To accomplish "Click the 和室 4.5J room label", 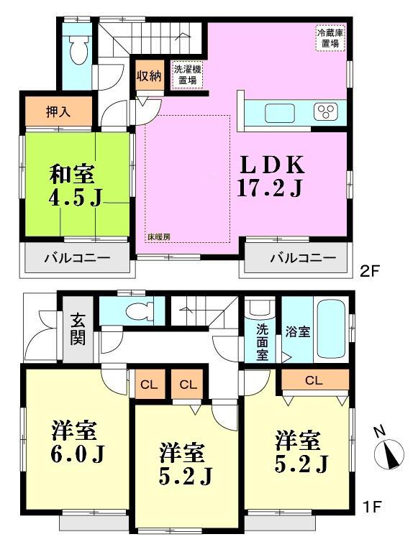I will pos(75,185).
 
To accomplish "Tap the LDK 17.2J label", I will pos(270,177).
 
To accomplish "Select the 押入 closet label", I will pos(59,111).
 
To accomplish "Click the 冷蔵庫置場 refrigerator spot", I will pos(330,37).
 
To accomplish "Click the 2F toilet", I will pos(77,49).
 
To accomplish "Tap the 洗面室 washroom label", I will pos(263,342).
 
